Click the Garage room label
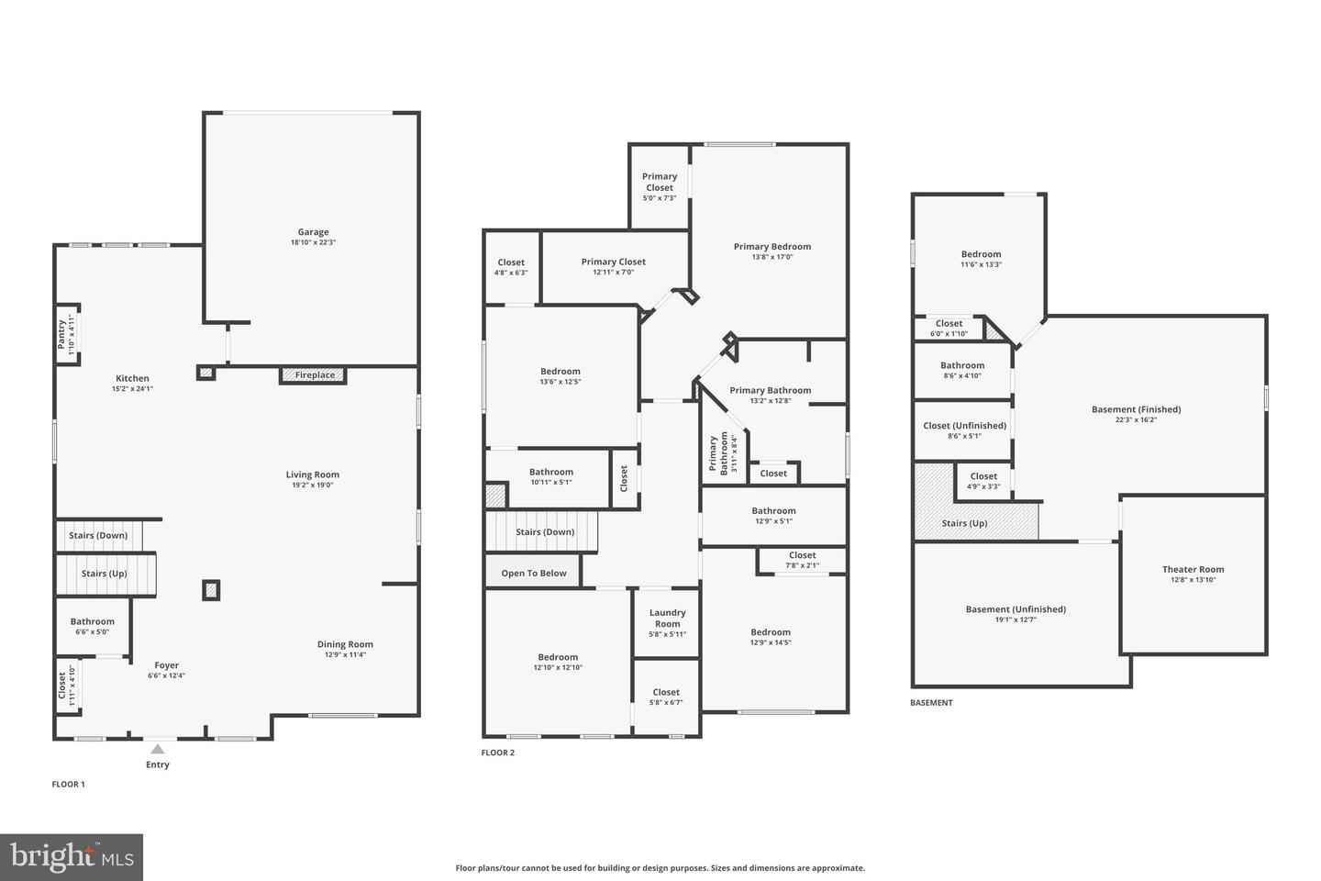(313, 232)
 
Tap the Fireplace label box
(314, 375)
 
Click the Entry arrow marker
(158, 750)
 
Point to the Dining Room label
(345, 644)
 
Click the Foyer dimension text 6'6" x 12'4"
(166, 676)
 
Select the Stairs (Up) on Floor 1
(105, 574)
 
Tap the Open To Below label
(533, 574)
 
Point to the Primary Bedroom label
(772, 247)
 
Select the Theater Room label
(1193, 570)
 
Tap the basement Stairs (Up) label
(964, 524)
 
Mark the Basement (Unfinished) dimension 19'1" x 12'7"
(1016, 619)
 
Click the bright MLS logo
(72, 857)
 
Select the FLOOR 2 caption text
(498, 753)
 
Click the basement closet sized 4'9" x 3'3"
(982, 481)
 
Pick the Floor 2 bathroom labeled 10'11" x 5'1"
(550, 476)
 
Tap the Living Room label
(312, 475)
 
